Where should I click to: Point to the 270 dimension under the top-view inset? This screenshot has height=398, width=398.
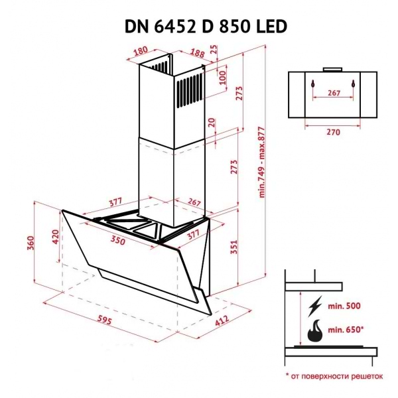[333, 133]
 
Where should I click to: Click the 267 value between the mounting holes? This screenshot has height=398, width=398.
[334, 93]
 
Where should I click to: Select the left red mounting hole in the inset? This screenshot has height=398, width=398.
[310, 85]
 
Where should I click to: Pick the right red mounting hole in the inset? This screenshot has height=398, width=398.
[355, 85]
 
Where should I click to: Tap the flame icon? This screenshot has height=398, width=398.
[314, 330]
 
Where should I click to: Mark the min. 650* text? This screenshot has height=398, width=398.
[349, 330]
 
